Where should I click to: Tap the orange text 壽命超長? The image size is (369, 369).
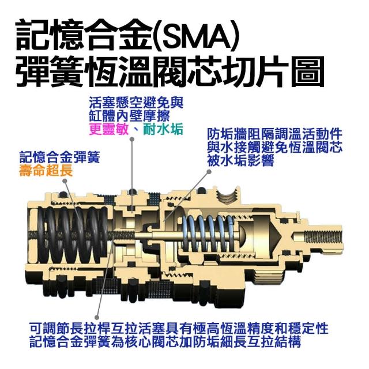[46, 171]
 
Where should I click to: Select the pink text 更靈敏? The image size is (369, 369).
[109, 129]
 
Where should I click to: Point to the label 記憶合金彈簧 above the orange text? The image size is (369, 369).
[59, 157]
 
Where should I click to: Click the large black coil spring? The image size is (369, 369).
[73, 235]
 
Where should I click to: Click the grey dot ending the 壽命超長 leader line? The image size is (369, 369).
[65, 180]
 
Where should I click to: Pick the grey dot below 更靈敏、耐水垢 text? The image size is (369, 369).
[132, 140]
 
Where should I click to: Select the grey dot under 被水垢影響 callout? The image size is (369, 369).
[209, 172]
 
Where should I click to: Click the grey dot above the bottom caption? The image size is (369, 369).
[96, 318]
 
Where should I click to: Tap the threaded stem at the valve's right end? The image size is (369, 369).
[322, 236]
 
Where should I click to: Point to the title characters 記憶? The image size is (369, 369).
[50, 35]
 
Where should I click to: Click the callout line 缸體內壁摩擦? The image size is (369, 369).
[129, 116]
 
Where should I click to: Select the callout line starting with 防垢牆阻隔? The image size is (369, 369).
[274, 134]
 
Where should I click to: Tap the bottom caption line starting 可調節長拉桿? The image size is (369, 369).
[179, 329]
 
